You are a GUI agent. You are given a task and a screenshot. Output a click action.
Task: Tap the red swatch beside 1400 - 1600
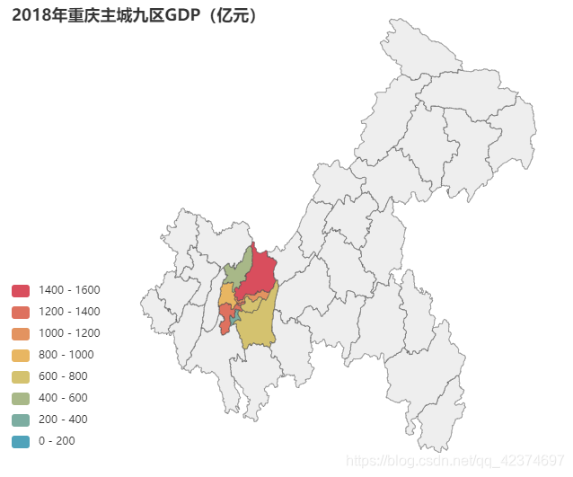pos(21,290)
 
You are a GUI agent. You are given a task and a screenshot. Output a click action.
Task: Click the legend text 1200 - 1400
pos(69,312)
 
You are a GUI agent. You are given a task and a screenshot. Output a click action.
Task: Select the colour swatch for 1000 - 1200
pos(21,333)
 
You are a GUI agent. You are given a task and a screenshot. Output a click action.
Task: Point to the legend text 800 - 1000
pos(66,355)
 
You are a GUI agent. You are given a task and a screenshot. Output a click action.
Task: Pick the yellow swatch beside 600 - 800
pos(21,376)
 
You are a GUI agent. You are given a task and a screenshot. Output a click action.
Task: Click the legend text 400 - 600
pos(63,398)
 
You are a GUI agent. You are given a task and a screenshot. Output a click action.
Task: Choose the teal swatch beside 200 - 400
pos(21,420)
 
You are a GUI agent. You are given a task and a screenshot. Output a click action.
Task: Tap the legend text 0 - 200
pos(57,441)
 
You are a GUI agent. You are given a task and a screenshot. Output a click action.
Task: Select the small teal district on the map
pos(234,317)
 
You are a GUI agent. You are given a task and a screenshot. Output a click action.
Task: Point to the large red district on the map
pos(260,273)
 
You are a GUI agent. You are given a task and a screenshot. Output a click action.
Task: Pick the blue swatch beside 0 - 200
pos(21,441)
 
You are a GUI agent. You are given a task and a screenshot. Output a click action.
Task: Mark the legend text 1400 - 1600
pos(69,290)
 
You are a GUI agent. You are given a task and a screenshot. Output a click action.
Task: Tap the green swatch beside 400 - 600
pos(21,398)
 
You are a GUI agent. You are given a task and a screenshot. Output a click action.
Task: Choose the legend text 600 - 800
pos(63,376)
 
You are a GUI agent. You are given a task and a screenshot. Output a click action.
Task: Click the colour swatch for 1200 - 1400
pos(21,312)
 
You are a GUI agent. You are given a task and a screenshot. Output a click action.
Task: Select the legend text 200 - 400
pos(63,420)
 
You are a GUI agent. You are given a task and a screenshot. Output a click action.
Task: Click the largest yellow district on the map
pos(255,327)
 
